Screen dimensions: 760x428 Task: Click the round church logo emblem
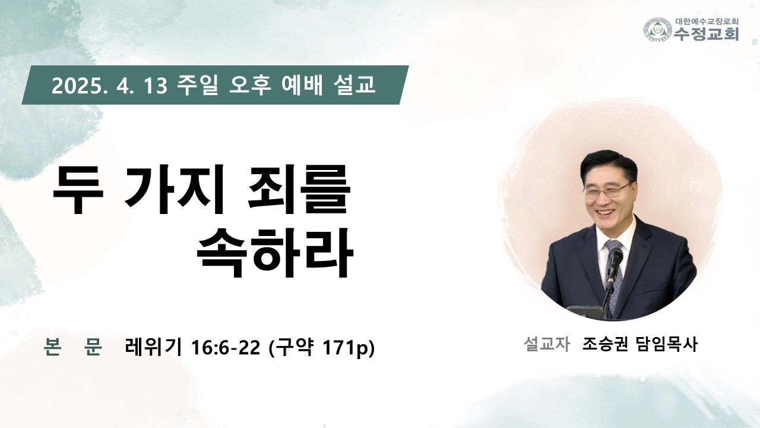tap(658, 30)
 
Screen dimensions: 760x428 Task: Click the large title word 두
tap(78, 190)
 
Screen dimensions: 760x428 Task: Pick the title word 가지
tap(173, 190)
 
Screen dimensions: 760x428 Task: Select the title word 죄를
tap(299, 190)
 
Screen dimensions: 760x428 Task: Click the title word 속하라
tap(275, 253)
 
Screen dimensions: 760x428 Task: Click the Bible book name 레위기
tap(153, 347)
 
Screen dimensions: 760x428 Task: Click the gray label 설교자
tap(547, 344)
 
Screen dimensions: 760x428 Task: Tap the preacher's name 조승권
tap(605, 344)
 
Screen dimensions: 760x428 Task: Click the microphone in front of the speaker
tap(615, 262)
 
